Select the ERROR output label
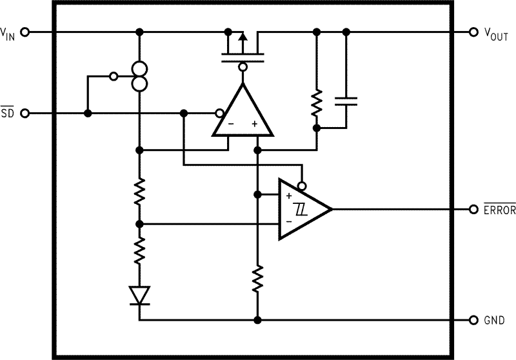499,209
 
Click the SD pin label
7,114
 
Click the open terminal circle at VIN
25,32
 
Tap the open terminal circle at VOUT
475,32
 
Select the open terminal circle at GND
475,320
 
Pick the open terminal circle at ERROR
475,209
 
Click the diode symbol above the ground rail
139,295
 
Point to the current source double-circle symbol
139,76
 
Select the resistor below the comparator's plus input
257,278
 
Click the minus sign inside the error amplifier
231,123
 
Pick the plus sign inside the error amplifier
255,123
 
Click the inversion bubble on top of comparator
301,185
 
